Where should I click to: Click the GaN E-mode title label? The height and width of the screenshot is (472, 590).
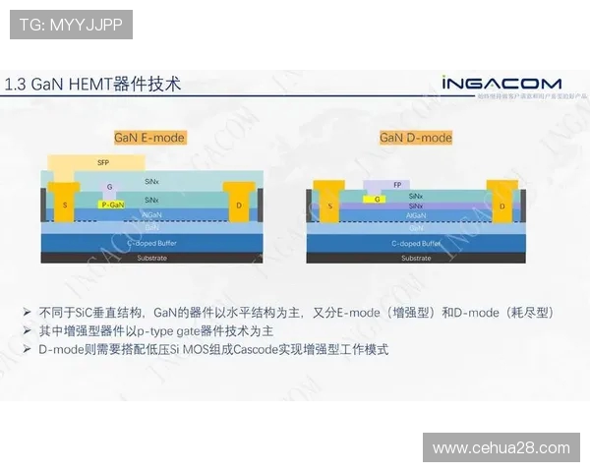(x=149, y=138)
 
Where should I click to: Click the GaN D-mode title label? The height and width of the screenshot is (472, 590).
(x=416, y=138)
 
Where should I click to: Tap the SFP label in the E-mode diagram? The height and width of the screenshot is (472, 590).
(x=103, y=161)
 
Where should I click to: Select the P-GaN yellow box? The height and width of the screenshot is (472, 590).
(x=113, y=205)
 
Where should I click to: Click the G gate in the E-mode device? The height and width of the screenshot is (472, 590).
(x=110, y=187)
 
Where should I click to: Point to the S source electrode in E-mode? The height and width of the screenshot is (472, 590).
(x=65, y=205)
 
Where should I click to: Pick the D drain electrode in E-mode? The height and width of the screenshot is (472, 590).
(x=239, y=206)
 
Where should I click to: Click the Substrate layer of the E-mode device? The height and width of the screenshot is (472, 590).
(x=151, y=258)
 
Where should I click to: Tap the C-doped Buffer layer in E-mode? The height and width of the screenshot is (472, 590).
(x=151, y=241)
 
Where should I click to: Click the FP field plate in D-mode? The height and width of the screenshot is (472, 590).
(x=396, y=184)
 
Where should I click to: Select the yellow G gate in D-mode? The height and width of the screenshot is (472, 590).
(x=378, y=199)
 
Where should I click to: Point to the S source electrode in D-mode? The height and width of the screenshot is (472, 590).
(x=329, y=206)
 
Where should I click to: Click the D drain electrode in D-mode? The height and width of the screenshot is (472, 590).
(x=502, y=206)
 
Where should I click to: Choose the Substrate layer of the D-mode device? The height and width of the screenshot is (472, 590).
(x=416, y=258)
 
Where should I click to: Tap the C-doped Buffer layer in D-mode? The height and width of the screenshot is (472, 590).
(x=416, y=242)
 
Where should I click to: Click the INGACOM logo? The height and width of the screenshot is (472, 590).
(x=501, y=83)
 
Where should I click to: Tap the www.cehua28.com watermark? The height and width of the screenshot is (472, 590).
(x=501, y=448)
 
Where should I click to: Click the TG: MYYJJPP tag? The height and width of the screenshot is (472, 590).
(x=71, y=25)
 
